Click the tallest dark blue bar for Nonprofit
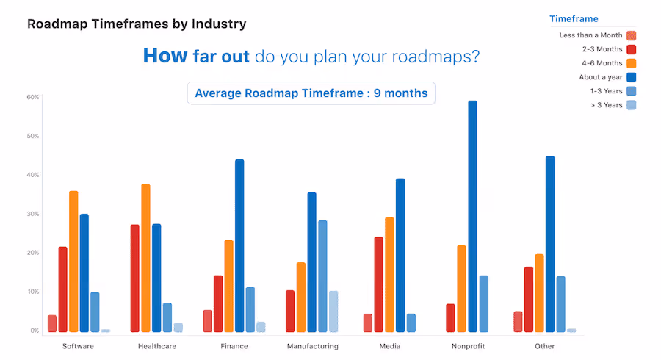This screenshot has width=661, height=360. [x=472, y=217]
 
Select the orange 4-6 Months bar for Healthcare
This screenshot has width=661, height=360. [x=145, y=258]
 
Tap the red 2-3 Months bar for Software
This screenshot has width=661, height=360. [x=62, y=289]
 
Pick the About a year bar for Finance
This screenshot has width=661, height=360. [x=239, y=245]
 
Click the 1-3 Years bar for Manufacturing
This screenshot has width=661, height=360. [x=322, y=276]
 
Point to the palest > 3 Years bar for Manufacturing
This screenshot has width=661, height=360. [x=333, y=312]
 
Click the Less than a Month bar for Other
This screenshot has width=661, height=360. [x=518, y=322]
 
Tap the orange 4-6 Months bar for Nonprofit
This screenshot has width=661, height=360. [x=461, y=289]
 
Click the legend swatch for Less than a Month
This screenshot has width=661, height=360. [x=631, y=35]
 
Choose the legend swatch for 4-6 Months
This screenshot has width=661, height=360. [x=631, y=63]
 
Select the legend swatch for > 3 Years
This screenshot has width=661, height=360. [x=631, y=105]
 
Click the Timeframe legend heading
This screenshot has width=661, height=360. [x=574, y=19]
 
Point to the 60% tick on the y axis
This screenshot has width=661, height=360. [x=33, y=97]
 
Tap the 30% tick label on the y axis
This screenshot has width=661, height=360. [x=33, y=214]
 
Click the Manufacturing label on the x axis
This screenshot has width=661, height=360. [x=312, y=346]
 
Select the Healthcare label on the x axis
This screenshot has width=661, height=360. [x=156, y=346]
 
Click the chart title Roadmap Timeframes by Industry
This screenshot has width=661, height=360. [x=137, y=24]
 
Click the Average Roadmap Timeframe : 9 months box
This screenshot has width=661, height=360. [x=311, y=93]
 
